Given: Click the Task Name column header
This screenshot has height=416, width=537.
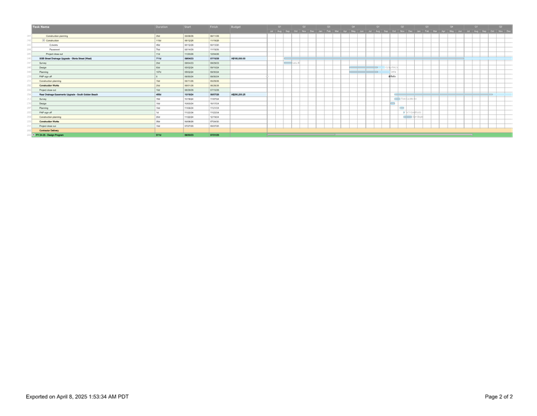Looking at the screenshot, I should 41,27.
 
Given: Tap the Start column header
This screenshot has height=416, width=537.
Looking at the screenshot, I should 189,27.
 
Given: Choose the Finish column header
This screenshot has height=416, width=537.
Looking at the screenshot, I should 214,27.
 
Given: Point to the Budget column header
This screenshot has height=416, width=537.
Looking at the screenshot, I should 236,27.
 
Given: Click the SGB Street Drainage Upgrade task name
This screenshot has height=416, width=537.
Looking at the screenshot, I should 70,58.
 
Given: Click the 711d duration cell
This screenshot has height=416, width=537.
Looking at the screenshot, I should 158,58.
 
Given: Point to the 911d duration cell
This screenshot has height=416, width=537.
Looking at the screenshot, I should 158,135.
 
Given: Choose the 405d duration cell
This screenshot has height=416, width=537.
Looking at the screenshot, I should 158,95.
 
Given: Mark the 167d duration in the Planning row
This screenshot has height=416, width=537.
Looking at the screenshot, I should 158,72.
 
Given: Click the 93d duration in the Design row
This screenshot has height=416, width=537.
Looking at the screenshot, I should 158,67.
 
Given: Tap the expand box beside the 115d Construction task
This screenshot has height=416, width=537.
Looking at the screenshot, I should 43,40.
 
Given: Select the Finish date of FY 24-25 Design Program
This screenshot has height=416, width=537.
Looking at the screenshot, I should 215,135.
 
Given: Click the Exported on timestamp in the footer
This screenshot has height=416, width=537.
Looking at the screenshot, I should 77,397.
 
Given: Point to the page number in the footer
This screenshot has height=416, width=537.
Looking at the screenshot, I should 499,397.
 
